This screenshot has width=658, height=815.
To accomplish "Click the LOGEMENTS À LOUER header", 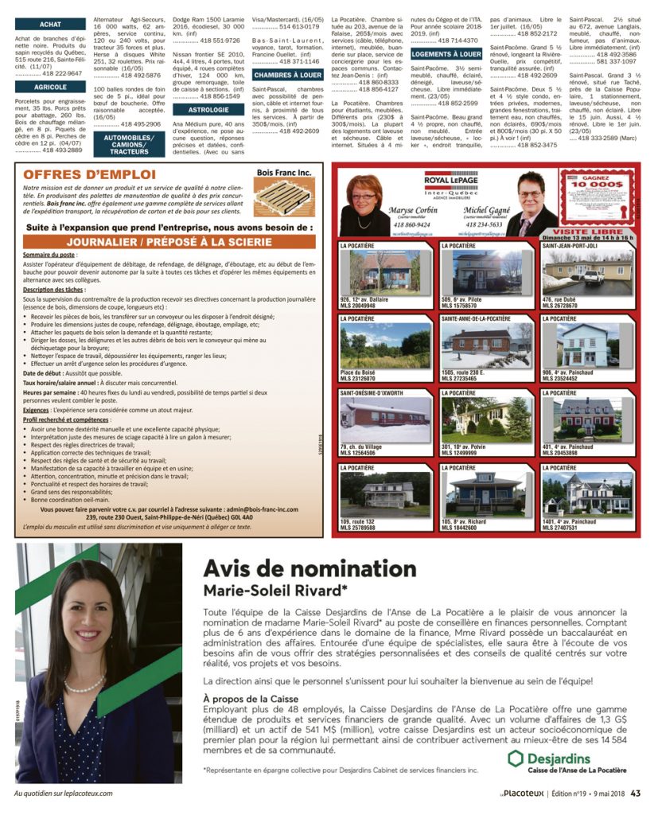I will tap(446, 54).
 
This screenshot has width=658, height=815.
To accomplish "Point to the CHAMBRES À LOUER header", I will tap(287, 75).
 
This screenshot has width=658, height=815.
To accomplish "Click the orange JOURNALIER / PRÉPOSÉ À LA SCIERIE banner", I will tap(169, 241).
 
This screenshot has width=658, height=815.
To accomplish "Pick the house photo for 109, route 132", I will tap(386, 496).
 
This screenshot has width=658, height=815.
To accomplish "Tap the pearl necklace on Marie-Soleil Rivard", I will tap(84, 684).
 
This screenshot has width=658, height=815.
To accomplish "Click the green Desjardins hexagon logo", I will tap(515, 758).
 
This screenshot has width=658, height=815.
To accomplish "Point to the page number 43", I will tap(636, 793).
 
